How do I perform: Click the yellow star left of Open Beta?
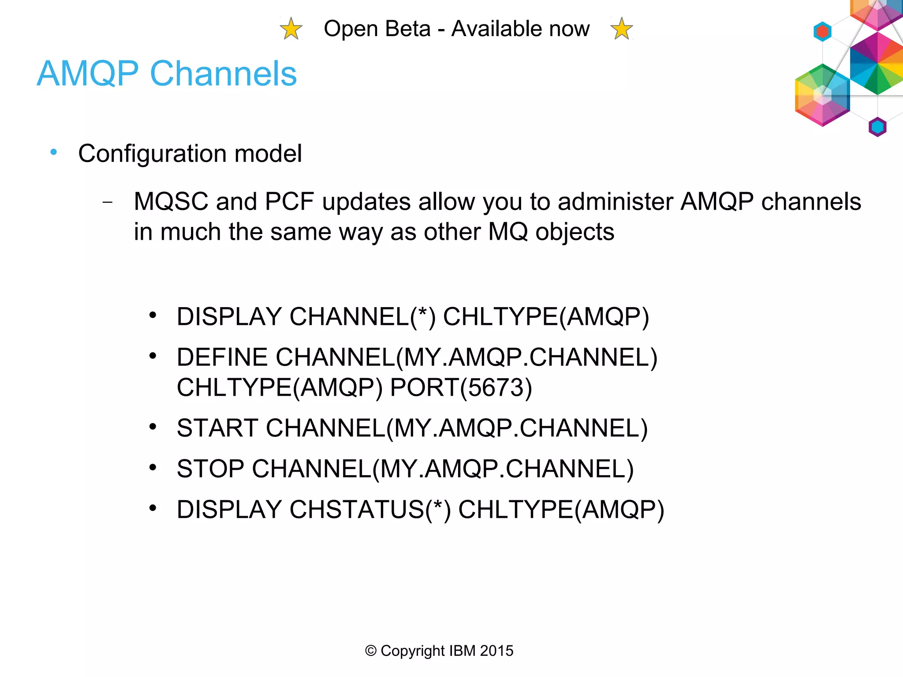tap(291, 29)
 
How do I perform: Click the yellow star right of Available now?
tap(622, 29)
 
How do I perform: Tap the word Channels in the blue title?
tap(223, 74)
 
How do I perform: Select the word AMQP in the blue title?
tap(88, 74)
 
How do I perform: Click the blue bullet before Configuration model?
tap(54, 153)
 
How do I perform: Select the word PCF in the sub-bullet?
tap(289, 202)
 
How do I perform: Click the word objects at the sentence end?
tap(575, 232)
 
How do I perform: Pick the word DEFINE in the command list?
tap(222, 357)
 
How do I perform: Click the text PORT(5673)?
tap(461, 388)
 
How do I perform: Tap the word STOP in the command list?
tap(210, 469)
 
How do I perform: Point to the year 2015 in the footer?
tap(496, 651)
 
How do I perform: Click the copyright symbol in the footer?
tap(371, 651)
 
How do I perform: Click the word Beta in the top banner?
tap(407, 29)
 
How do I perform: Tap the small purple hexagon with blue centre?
tap(877, 127)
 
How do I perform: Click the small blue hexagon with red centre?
tap(822, 32)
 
